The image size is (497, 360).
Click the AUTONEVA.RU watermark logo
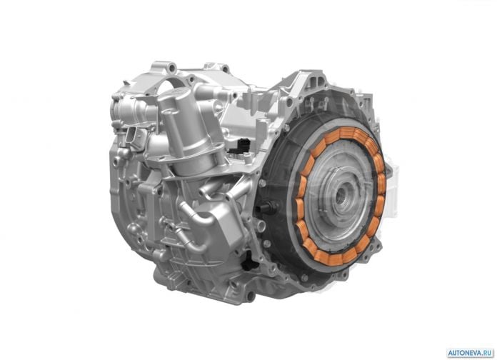tap(470, 353)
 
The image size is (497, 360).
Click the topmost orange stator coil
tap(348, 132)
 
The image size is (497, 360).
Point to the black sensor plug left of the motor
tap(268, 207)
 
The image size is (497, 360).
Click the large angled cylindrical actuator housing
tap(190, 134)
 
